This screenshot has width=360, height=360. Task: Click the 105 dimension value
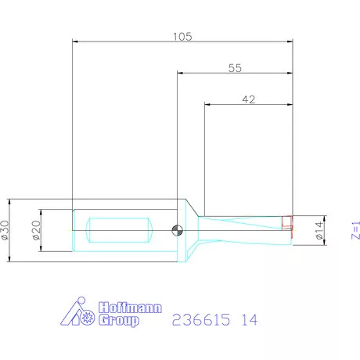(182, 36)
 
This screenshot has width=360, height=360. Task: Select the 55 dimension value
(234, 68)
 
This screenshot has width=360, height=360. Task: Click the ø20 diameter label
(35, 229)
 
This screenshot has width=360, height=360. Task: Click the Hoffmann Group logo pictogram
(78, 314)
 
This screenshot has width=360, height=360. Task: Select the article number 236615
(196, 320)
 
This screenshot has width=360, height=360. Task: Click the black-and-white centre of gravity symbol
(178, 229)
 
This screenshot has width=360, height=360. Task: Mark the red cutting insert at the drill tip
(289, 225)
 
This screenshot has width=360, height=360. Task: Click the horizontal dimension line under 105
(182, 43)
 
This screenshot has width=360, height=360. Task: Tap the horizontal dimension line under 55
(234, 74)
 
